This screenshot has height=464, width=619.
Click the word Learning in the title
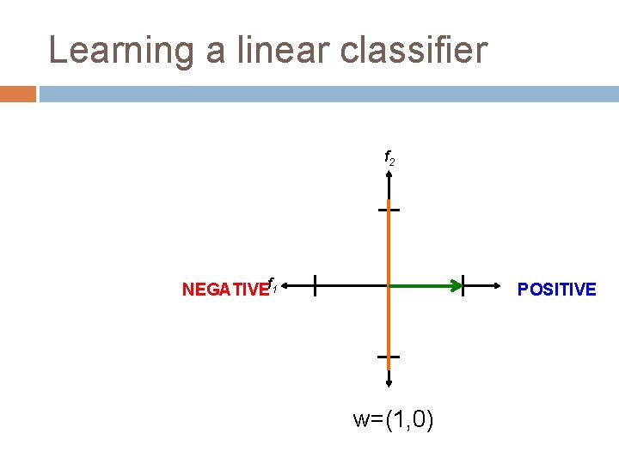tap(120, 51)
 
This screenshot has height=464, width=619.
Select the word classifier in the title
tap(414, 51)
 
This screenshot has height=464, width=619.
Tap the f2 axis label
tap(389, 159)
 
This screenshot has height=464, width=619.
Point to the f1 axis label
tap(271, 284)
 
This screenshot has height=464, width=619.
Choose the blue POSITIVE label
tap(556, 290)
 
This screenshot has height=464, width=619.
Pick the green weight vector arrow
tap(425, 284)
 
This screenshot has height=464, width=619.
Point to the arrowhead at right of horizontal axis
tap(499, 284)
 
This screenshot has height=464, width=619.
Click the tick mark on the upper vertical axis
tap(389, 209)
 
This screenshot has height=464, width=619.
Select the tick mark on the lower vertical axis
tap(389, 356)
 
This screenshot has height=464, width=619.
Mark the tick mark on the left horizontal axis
tap(315, 284)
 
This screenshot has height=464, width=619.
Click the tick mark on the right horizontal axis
tap(463, 284)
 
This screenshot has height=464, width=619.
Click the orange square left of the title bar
tap(18, 94)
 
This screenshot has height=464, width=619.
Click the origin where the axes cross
tap(389, 284)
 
